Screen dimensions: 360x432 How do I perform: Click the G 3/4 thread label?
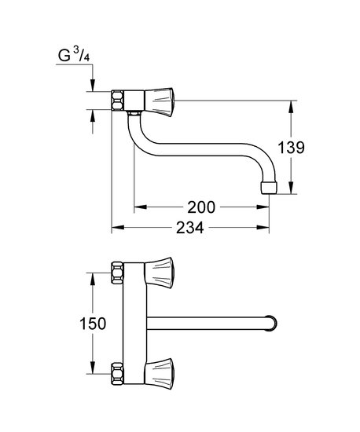(x=74, y=56)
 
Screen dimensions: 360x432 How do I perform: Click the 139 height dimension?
(x=291, y=148)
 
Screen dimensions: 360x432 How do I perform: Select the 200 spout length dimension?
(x=201, y=207)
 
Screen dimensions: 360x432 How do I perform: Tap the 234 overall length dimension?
(x=190, y=228)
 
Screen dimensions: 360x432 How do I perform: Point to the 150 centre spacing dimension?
(x=93, y=324)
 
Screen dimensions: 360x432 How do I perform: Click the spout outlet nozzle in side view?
(x=268, y=188)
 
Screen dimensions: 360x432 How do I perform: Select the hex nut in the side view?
(x=117, y=101)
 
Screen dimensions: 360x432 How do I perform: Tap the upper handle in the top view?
(x=159, y=273)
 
